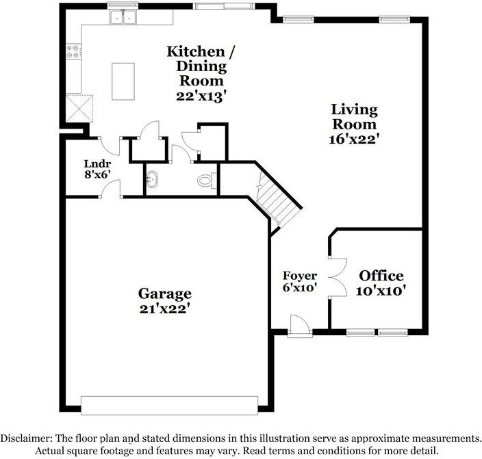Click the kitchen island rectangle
point(123,81)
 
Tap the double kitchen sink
point(123,18)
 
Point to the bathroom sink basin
point(152,181)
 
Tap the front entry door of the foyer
point(299,327)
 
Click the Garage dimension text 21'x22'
point(164,309)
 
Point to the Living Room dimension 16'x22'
point(354,139)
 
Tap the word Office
point(381,276)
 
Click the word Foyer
point(300,276)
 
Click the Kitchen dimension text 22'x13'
point(201,96)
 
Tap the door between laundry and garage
point(110,189)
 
